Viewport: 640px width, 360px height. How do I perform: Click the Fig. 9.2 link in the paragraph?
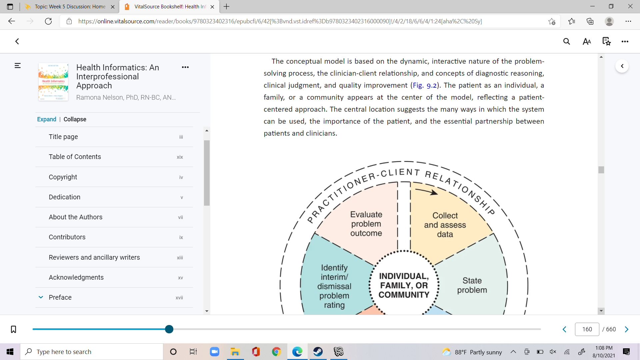click(425, 85)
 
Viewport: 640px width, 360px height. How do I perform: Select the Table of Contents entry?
click(75, 157)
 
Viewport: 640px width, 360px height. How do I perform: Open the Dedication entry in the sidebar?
click(64, 197)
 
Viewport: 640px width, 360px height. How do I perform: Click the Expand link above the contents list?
click(47, 119)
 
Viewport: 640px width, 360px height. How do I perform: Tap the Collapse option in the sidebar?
click(75, 119)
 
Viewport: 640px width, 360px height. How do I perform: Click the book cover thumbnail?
click(53, 82)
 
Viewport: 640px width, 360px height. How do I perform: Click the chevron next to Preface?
click(41, 297)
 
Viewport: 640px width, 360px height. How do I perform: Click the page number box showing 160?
click(587, 329)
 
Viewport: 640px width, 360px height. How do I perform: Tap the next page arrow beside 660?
click(627, 329)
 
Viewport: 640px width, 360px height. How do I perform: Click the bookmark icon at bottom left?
click(13, 329)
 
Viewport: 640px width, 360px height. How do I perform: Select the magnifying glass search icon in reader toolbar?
click(567, 41)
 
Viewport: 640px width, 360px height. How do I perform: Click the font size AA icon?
click(587, 41)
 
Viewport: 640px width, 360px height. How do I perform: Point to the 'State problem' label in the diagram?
click(472, 285)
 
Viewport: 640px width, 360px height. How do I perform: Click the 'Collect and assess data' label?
click(445, 225)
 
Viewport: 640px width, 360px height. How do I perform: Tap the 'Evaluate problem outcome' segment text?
click(366, 224)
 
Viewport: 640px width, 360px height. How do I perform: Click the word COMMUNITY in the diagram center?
click(404, 295)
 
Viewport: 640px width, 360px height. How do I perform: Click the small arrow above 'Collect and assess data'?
click(426, 191)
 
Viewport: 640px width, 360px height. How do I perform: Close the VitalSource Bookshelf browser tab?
click(212, 7)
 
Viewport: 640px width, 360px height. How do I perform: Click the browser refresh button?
click(48, 21)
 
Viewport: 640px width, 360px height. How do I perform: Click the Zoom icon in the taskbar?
click(214, 352)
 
